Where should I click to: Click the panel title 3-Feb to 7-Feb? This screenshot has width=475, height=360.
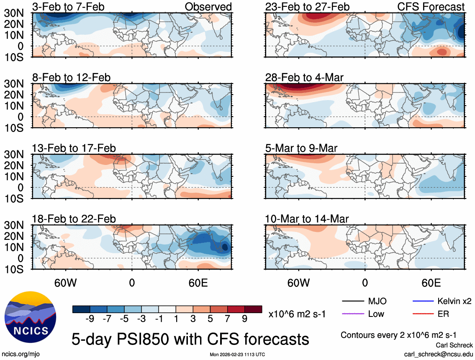point(69,7)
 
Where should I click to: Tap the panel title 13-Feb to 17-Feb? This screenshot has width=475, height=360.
point(74,149)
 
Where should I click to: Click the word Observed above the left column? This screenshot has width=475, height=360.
point(208,7)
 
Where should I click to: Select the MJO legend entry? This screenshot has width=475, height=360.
point(377,301)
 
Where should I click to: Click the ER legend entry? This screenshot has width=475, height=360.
point(443,314)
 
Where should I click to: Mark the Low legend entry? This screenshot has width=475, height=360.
point(375,314)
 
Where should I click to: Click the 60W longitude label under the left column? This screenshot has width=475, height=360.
point(66,283)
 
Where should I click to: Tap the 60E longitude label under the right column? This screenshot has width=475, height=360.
point(431,283)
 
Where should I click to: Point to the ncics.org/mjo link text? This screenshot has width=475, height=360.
point(19,354)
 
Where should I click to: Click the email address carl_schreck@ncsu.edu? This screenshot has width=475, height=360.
point(439,354)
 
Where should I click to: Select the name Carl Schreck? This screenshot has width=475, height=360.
point(454,345)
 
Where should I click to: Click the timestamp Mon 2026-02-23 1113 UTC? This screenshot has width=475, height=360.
point(237,355)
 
